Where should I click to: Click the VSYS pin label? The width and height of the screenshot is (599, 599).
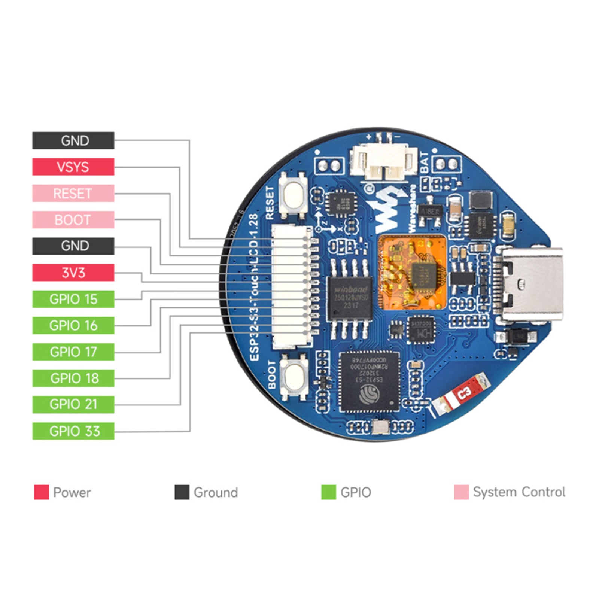73,167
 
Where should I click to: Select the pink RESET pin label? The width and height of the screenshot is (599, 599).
73,193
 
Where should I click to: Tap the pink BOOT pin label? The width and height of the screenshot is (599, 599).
73,220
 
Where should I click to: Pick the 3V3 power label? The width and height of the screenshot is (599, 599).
73,273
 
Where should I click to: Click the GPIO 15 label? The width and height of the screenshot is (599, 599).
73,299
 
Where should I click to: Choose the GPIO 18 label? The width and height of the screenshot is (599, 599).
73,378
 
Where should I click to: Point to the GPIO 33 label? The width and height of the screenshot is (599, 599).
73,431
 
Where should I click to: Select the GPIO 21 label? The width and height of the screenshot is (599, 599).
73,404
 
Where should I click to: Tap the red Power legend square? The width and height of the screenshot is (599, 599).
41,492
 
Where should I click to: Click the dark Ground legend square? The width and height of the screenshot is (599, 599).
182,492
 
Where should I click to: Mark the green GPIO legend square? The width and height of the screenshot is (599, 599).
328,492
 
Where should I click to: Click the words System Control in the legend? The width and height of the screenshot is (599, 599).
519,492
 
